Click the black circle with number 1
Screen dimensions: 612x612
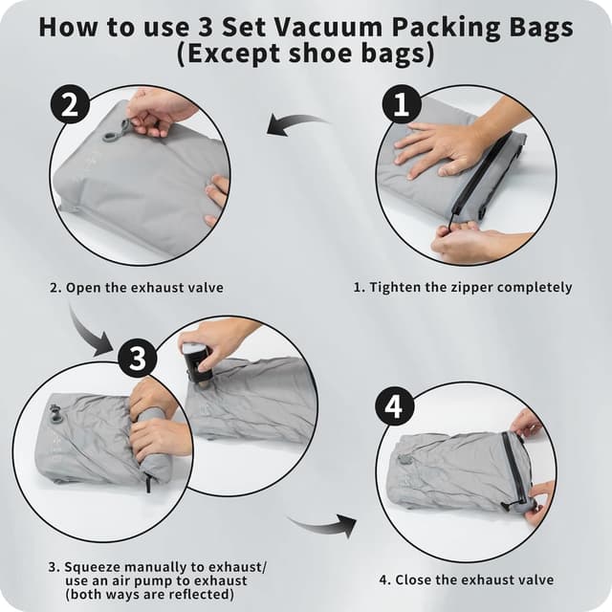coord(401,102)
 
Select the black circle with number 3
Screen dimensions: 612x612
coord(138,359)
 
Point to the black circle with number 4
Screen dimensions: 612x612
coord(394,407)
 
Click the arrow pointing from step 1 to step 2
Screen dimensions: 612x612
coord(297,124)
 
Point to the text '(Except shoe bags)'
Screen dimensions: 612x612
coord(306,55)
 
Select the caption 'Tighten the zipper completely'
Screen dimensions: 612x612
coord(463,287)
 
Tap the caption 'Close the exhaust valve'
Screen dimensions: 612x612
coord(466,579)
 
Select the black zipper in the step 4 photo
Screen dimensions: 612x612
coord(516,469)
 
